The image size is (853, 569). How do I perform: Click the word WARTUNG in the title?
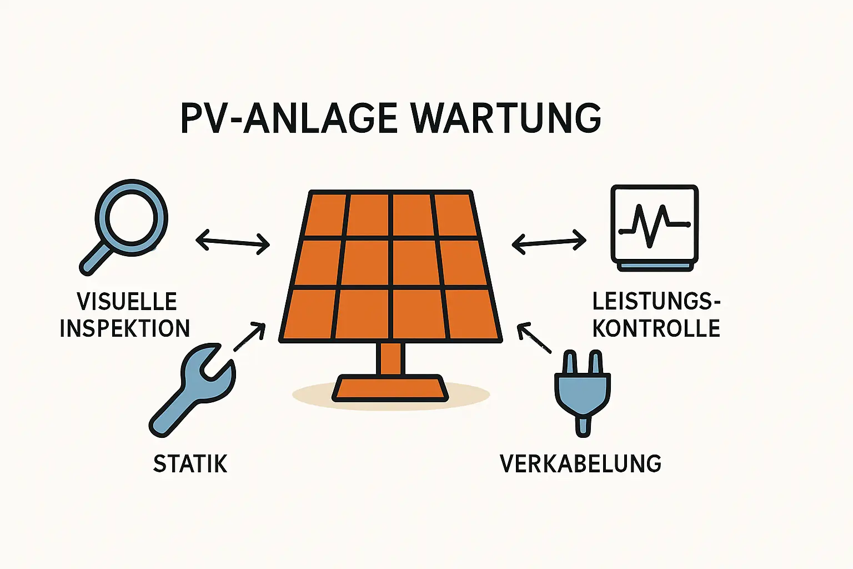[506, 118]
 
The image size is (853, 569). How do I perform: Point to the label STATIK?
[190, 464]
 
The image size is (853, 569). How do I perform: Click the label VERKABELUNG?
[581, 464]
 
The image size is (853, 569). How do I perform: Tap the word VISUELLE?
[127, 302]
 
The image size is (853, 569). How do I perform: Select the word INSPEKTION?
[125, 328]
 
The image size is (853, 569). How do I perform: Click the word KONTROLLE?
[656, 328]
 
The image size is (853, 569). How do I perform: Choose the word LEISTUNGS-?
[656, 302]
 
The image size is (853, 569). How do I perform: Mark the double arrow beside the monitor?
[549, 242]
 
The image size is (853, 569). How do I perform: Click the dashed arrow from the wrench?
[249, 337]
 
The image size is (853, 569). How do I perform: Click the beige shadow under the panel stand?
[472, 396]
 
